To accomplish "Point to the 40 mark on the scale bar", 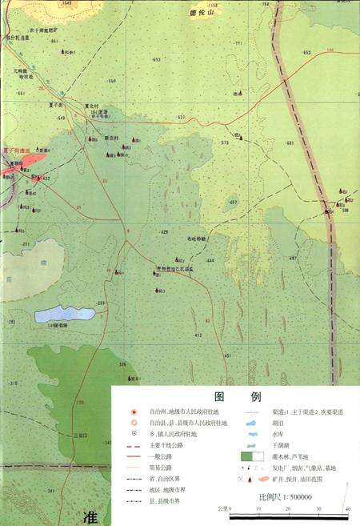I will [347, 509].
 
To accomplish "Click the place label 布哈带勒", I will [197, 239].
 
